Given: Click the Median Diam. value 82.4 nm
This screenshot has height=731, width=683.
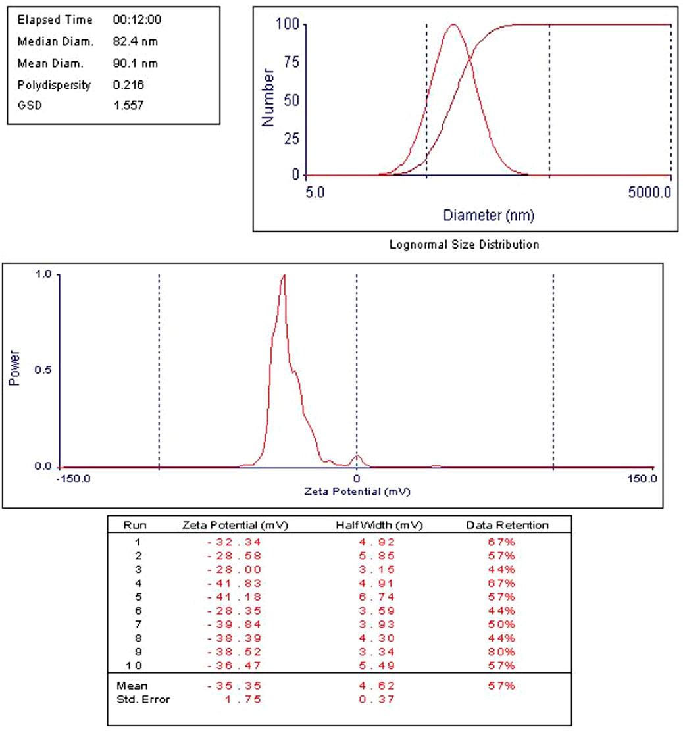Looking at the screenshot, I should click(136, 42).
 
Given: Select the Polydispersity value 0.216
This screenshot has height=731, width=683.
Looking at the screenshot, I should click(128, 85).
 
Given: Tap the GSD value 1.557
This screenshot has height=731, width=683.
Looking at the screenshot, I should click(128, 105).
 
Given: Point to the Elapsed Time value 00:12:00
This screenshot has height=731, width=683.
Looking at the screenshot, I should click(138, 20).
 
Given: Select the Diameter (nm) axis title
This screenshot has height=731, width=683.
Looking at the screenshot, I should click(488, 215).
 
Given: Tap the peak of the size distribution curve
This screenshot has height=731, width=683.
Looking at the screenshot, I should click(453, 25).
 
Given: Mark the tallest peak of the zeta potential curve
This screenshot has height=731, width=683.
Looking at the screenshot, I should click(284, 275).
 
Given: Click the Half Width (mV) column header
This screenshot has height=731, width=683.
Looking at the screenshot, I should click(379, 525).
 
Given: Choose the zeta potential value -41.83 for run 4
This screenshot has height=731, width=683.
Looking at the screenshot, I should click(235, 584).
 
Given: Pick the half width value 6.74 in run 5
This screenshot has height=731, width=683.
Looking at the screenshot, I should click(379, 597).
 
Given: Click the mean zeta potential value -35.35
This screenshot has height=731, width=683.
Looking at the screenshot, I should click(235, 686).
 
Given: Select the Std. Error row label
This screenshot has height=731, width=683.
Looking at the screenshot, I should click(143, 699).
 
